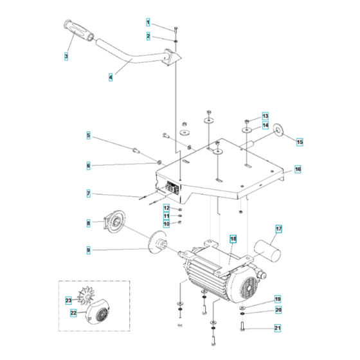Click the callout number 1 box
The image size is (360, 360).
[x=147, y=23]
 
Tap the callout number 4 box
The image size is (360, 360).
[x=110, y=76]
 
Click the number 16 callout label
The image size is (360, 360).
[x=298, y=169]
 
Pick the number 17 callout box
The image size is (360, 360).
[x=279, y=228]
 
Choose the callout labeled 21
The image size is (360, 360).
[x=277, y=328]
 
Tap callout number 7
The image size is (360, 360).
[x=89, y=193]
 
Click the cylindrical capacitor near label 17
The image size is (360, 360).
[x=266, y=247]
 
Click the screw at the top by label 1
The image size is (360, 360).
[x=175, y=28]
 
